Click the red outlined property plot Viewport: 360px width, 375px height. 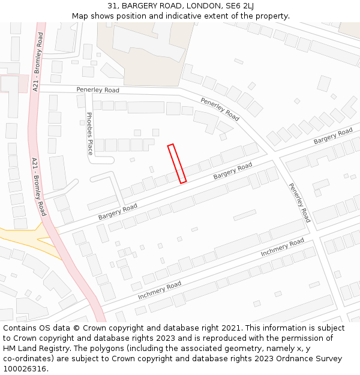pyautogui.click(x=177, y=163)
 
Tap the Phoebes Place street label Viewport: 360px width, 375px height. pyautogui.click(x=90, y=133)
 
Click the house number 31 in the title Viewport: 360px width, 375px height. pyautogui.click(x=112, y=6)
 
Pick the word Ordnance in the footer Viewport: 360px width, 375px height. pyautogui.click(x=290, y=359)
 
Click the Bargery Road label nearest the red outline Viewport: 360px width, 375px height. pyautogui.click(x=232, y=171)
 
